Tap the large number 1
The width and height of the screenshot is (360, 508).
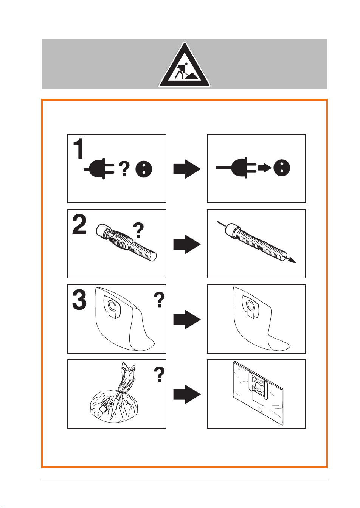pos(79,149)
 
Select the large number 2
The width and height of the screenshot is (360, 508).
pos(79,225)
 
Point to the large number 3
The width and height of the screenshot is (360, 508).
pos(79,300)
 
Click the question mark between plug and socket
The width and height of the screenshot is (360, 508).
pos(124,168)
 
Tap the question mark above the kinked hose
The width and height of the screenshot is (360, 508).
pos(138,230)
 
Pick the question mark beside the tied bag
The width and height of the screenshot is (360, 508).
pos(159,374)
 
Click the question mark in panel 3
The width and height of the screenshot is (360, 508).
pos(159,300)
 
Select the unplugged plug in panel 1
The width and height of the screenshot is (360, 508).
pos(99,169)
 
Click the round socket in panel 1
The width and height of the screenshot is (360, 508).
pos(144,169)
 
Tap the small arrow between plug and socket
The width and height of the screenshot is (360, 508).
pos(265,168)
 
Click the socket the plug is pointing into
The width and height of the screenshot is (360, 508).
pos(282,168)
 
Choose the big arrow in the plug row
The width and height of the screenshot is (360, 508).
pos(187,169)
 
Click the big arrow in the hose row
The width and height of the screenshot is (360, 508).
pos(187,244)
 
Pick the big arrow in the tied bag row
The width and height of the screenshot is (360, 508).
pos(187,395)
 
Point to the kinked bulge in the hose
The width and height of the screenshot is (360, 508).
pos(120,241)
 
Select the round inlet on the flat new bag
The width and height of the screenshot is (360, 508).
pos(258,385)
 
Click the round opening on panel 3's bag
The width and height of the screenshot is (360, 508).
pos(112,305)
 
